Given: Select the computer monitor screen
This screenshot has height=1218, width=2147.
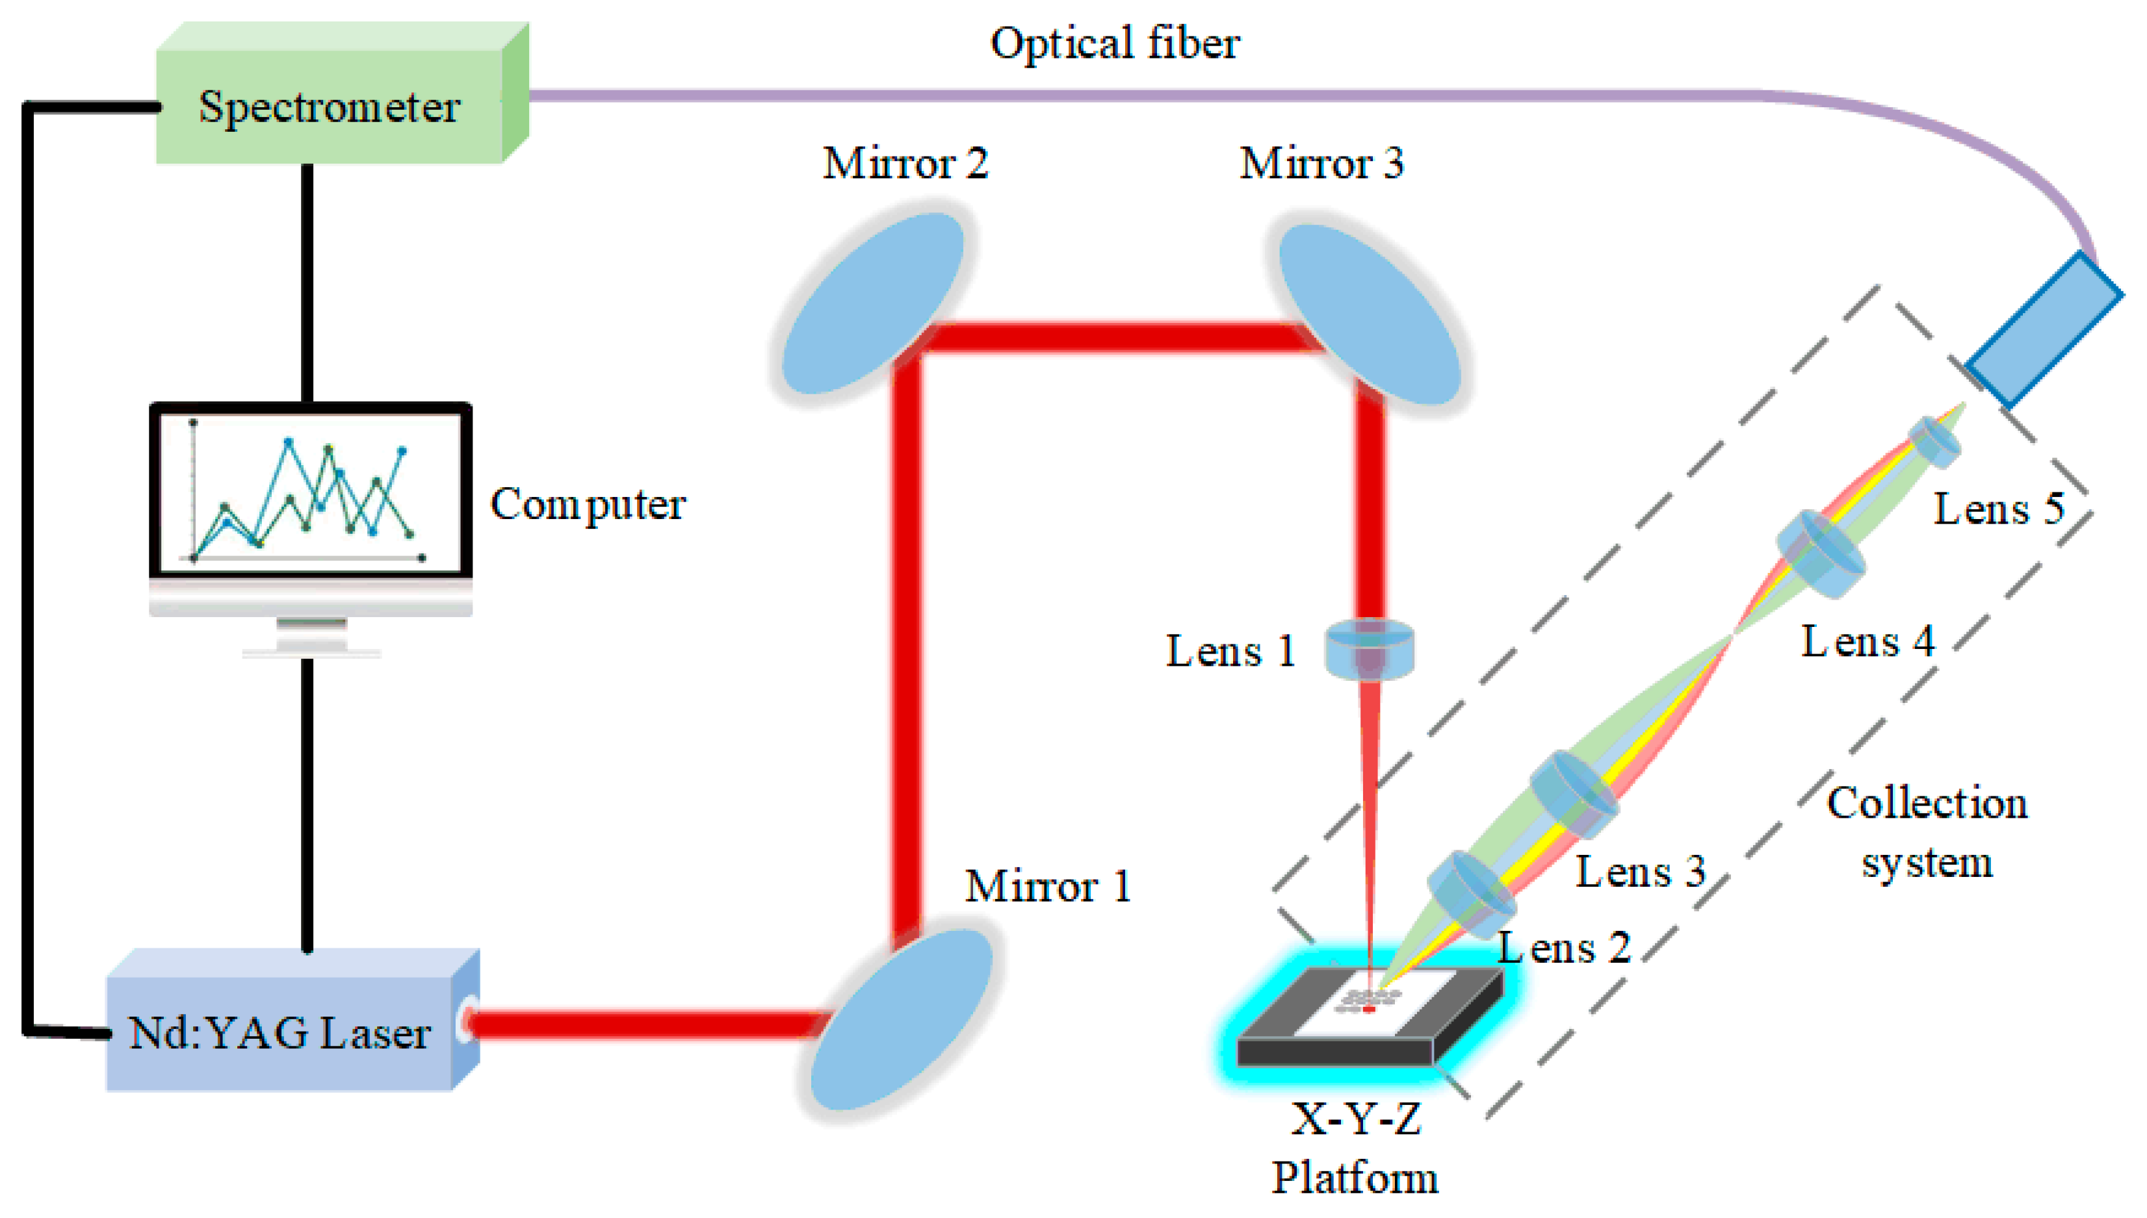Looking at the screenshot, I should pos(309,492).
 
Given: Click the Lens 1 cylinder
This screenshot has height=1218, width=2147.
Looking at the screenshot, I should pos(1370,648).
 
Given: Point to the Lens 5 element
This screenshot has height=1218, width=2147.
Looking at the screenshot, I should pos(1934,442).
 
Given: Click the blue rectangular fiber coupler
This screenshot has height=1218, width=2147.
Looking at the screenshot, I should pos(2042,331).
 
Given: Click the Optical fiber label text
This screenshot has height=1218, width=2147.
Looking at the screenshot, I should pos(1115,44).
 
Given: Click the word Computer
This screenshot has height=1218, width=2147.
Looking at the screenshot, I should pos(588,505).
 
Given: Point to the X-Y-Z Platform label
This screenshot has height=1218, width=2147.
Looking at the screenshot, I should pos(1356,1148).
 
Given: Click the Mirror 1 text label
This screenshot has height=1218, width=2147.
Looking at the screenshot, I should pos(1048,887).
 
